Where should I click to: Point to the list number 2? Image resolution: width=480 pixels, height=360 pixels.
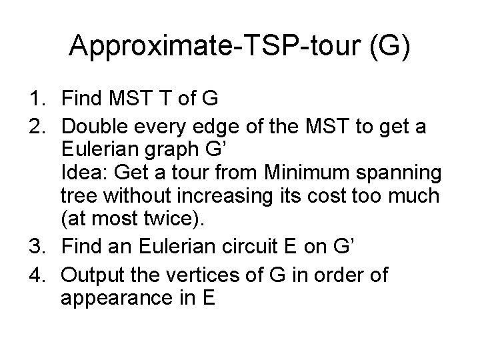pyautogui.click(x=35, y=127)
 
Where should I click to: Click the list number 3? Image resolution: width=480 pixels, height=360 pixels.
pyautogui.click(x=35, y=248)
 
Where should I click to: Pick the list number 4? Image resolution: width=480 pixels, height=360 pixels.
pyautogui.click(x=35, y=274)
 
